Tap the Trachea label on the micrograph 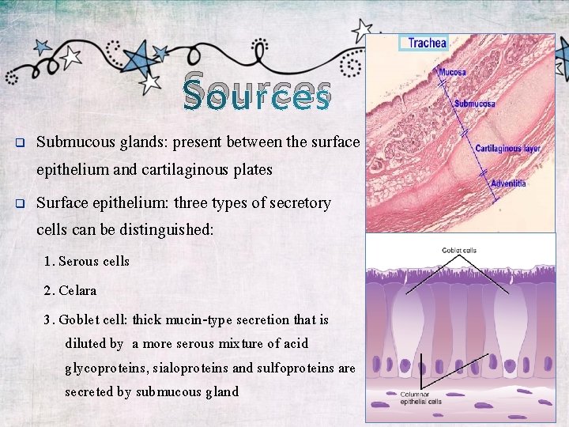click(427, 43)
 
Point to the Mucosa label click(454, 73)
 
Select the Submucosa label click(475, 104)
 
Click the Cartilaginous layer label click(507, 148)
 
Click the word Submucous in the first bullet click(73, 142)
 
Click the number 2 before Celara click(48, 290)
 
